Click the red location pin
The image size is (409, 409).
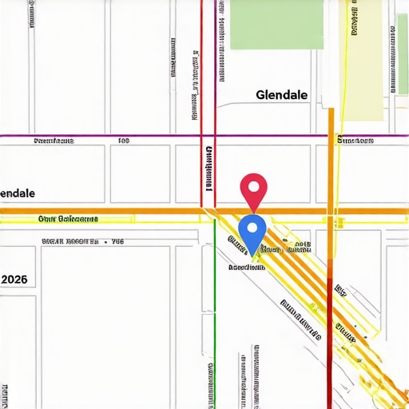point(253,189)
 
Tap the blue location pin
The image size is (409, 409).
point(252,232)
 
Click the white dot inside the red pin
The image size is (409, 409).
point(253,187)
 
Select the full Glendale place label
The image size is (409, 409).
point(281,95)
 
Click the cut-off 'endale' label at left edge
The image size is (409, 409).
point(18,194)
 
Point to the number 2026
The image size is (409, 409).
point(14,280)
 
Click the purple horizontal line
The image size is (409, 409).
point(120,135)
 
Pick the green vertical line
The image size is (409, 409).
point(215,320)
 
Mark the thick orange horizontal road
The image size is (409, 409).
point(120,211)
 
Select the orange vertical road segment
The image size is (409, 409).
point(331,160)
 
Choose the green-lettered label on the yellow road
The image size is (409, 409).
point(67,218)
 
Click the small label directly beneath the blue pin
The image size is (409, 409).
point(247,268)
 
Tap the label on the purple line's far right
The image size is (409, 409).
point(355,141)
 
